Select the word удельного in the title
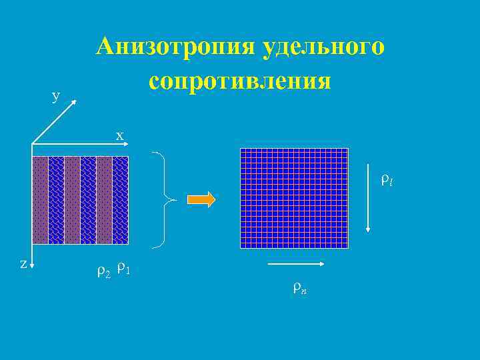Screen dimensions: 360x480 [x=325, y=47]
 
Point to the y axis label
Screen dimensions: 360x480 [x=56, y=95]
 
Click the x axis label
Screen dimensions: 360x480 [x=120, y=135]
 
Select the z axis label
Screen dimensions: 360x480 [x=23, y=263]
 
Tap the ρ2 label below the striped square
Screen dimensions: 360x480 [x=103, y=271]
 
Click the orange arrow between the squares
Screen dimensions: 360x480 [x=201, y=199]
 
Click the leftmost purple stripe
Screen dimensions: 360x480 [x=40, y=200]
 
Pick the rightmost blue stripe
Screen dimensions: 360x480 [x=120, y=200]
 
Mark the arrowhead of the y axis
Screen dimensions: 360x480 [x=75, y=101]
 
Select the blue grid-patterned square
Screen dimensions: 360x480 [x=294, y=198]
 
